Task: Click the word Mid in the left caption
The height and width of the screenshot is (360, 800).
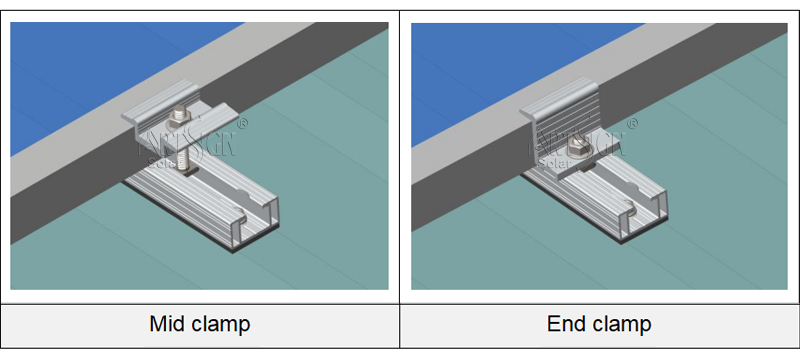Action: coord(168,324)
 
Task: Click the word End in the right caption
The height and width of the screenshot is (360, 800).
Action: coord(565,324)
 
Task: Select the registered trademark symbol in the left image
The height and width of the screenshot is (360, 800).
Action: coord(242,125)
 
